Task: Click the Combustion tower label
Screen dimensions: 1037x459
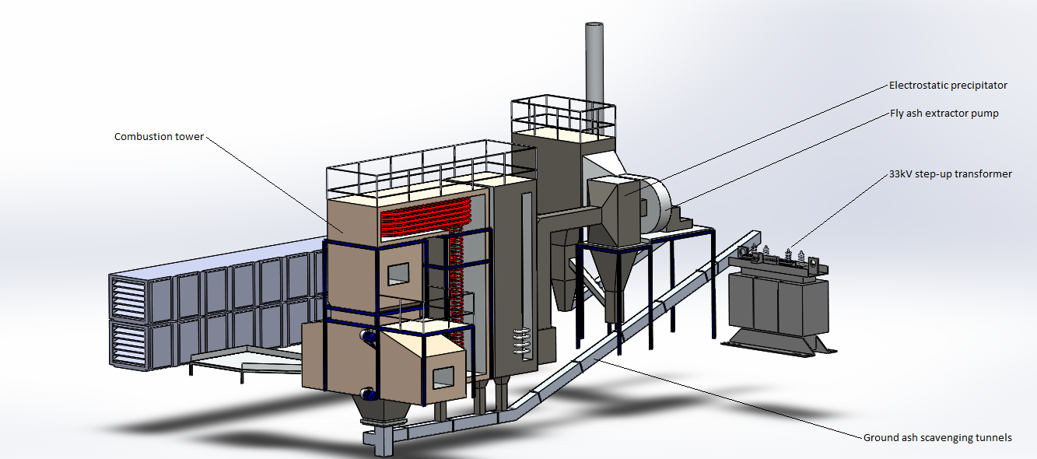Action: tap(159, 137)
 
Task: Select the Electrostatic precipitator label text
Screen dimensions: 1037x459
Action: tap(948, 86)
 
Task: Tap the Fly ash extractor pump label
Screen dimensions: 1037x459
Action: tap(944, 114)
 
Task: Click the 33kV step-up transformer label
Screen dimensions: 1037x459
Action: tap(951, 174)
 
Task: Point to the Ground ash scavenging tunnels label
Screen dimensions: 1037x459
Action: tap(937, 438)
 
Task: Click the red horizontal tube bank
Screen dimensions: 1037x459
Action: tap(425, 217)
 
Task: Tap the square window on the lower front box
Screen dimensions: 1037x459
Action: tap(443, 378)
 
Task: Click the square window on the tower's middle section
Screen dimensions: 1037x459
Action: tap(398, 274)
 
